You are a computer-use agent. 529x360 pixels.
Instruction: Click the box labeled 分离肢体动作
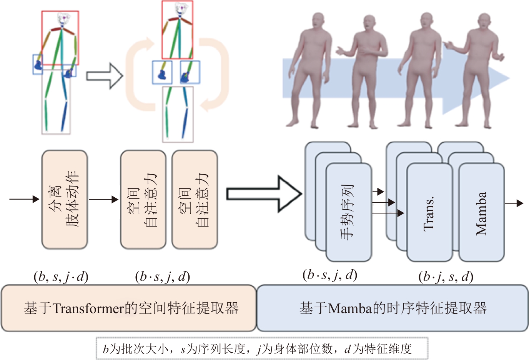[x=65, y=199]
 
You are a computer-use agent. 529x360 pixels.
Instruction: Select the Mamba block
[x=481, y=213]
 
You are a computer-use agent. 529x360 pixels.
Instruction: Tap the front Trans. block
[x=429, y=213]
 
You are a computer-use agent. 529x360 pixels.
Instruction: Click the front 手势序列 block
[x=348, y=212]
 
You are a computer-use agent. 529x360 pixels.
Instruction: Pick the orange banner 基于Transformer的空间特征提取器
[x=129, y=308]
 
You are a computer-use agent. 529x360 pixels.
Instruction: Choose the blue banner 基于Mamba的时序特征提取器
[x=392, y=308]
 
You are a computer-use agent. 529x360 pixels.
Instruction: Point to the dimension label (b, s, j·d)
[x=61, y=277]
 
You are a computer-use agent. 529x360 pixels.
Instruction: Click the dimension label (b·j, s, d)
[x=446, y=277]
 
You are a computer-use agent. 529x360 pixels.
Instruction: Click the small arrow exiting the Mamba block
[x=514, y=203]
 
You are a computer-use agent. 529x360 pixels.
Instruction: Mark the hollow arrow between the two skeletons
[x=104, y=76]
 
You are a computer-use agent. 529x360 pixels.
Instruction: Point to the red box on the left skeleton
[x=60, y=38]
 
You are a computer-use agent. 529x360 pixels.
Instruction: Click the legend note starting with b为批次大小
[x=261, y=348]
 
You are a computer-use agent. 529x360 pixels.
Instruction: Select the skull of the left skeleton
[x=64, y=18]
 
